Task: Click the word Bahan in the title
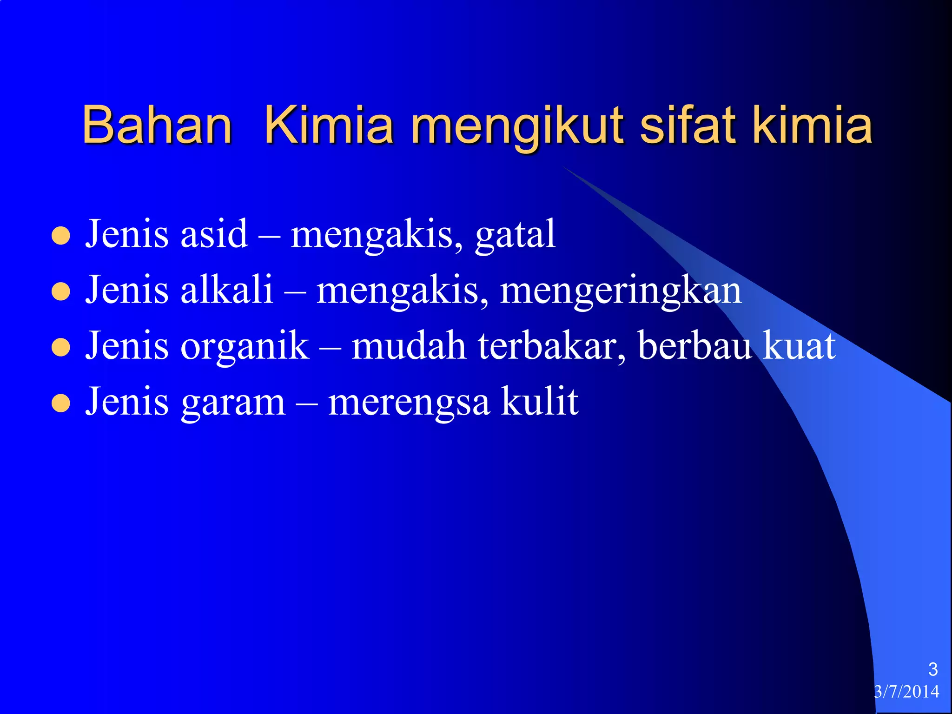tap(157, 125)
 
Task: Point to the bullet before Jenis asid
tap(61, 236)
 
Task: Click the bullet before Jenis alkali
tap(61, 292)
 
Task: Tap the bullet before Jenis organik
tap(61, 348)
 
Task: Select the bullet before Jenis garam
tap(61, 403)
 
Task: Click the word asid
tap(214, 234)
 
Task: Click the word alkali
tap(226, 290)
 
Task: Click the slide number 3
tap(932, 669)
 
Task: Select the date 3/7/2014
tap(906, 692)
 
